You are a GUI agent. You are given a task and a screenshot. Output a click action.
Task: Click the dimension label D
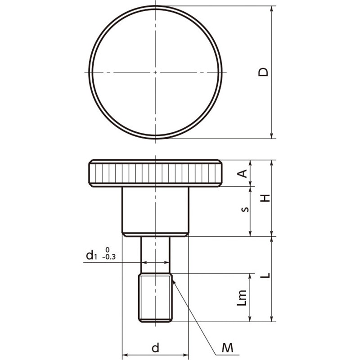click(263, 72)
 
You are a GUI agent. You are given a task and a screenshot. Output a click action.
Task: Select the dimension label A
click(242, 174)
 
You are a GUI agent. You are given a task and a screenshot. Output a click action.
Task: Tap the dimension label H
click(265, 198)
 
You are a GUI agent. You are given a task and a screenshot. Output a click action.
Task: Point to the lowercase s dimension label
click(245, 209)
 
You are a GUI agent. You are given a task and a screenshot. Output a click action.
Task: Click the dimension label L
click(265, 275)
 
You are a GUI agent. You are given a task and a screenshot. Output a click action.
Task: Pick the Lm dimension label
click(242, 298)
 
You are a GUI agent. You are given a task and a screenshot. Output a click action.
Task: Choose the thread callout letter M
click(227, 348)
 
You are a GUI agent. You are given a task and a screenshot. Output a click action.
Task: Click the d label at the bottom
click(155, 347)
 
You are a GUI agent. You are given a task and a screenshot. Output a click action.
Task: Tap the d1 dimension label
click(90, 255)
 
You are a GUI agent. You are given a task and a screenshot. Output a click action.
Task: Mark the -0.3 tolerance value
click(109, 257)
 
